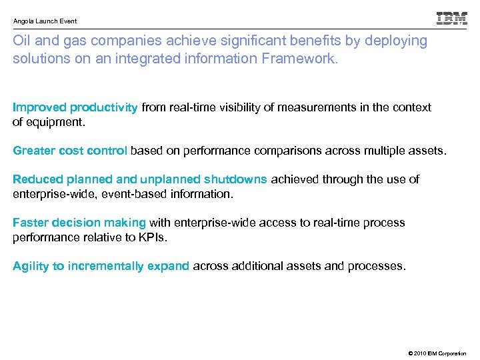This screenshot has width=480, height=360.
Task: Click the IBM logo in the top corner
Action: point(451,19)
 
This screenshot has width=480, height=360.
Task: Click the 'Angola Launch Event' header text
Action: point(45,21)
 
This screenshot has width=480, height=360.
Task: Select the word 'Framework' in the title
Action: point(306,59)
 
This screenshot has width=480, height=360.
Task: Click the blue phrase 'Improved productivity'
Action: point(75,107)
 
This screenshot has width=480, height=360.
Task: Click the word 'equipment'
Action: point(55,123)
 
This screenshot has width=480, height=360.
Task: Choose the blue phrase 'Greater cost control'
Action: point(70,151)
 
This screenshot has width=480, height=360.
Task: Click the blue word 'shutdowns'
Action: point(235,179)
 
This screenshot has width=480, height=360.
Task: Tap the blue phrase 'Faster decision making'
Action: point(79,223)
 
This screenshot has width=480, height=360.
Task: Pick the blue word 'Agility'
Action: point(31,266)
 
